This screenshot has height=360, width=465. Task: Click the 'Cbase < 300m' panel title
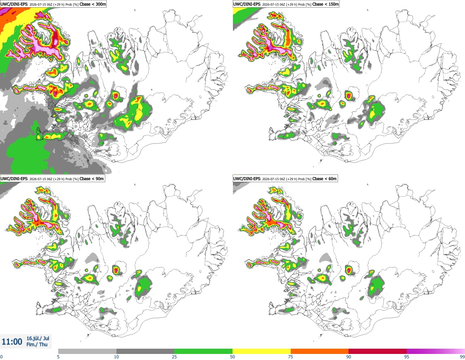(x=93, y=4)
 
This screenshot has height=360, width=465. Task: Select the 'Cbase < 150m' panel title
(x=325, y=4)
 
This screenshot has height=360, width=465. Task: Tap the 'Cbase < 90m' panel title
(x=92, y=179)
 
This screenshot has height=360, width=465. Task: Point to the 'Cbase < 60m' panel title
(x=324, y=179)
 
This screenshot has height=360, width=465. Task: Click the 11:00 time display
(x=12, y=342)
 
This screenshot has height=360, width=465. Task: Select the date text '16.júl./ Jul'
(x=38, y=338)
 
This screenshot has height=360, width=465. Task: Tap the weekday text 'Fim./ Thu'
(x=37, y=344)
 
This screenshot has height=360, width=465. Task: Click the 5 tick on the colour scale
(x=58, y=357)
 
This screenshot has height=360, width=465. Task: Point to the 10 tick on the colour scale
(x=116, y=357)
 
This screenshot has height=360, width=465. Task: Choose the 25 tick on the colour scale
(x=174, y=357)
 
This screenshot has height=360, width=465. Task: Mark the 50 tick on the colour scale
(x=232, y=357)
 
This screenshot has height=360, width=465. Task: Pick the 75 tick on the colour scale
(x=291, y=357)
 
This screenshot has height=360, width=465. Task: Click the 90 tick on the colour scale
(x=349, y=357)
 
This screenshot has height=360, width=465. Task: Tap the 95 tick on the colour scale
(x=407, y=357)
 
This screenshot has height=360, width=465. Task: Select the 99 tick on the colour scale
(x=462, y=357)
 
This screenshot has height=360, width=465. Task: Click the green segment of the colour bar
(x=203, y=352)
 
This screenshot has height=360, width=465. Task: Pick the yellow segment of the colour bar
(x=262, y=352)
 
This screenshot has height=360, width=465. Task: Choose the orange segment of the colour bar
(x=320, y=352)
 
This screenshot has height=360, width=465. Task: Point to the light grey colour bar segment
(x=87, y=352)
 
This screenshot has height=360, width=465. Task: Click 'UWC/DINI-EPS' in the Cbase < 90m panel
(x=14, y=179)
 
